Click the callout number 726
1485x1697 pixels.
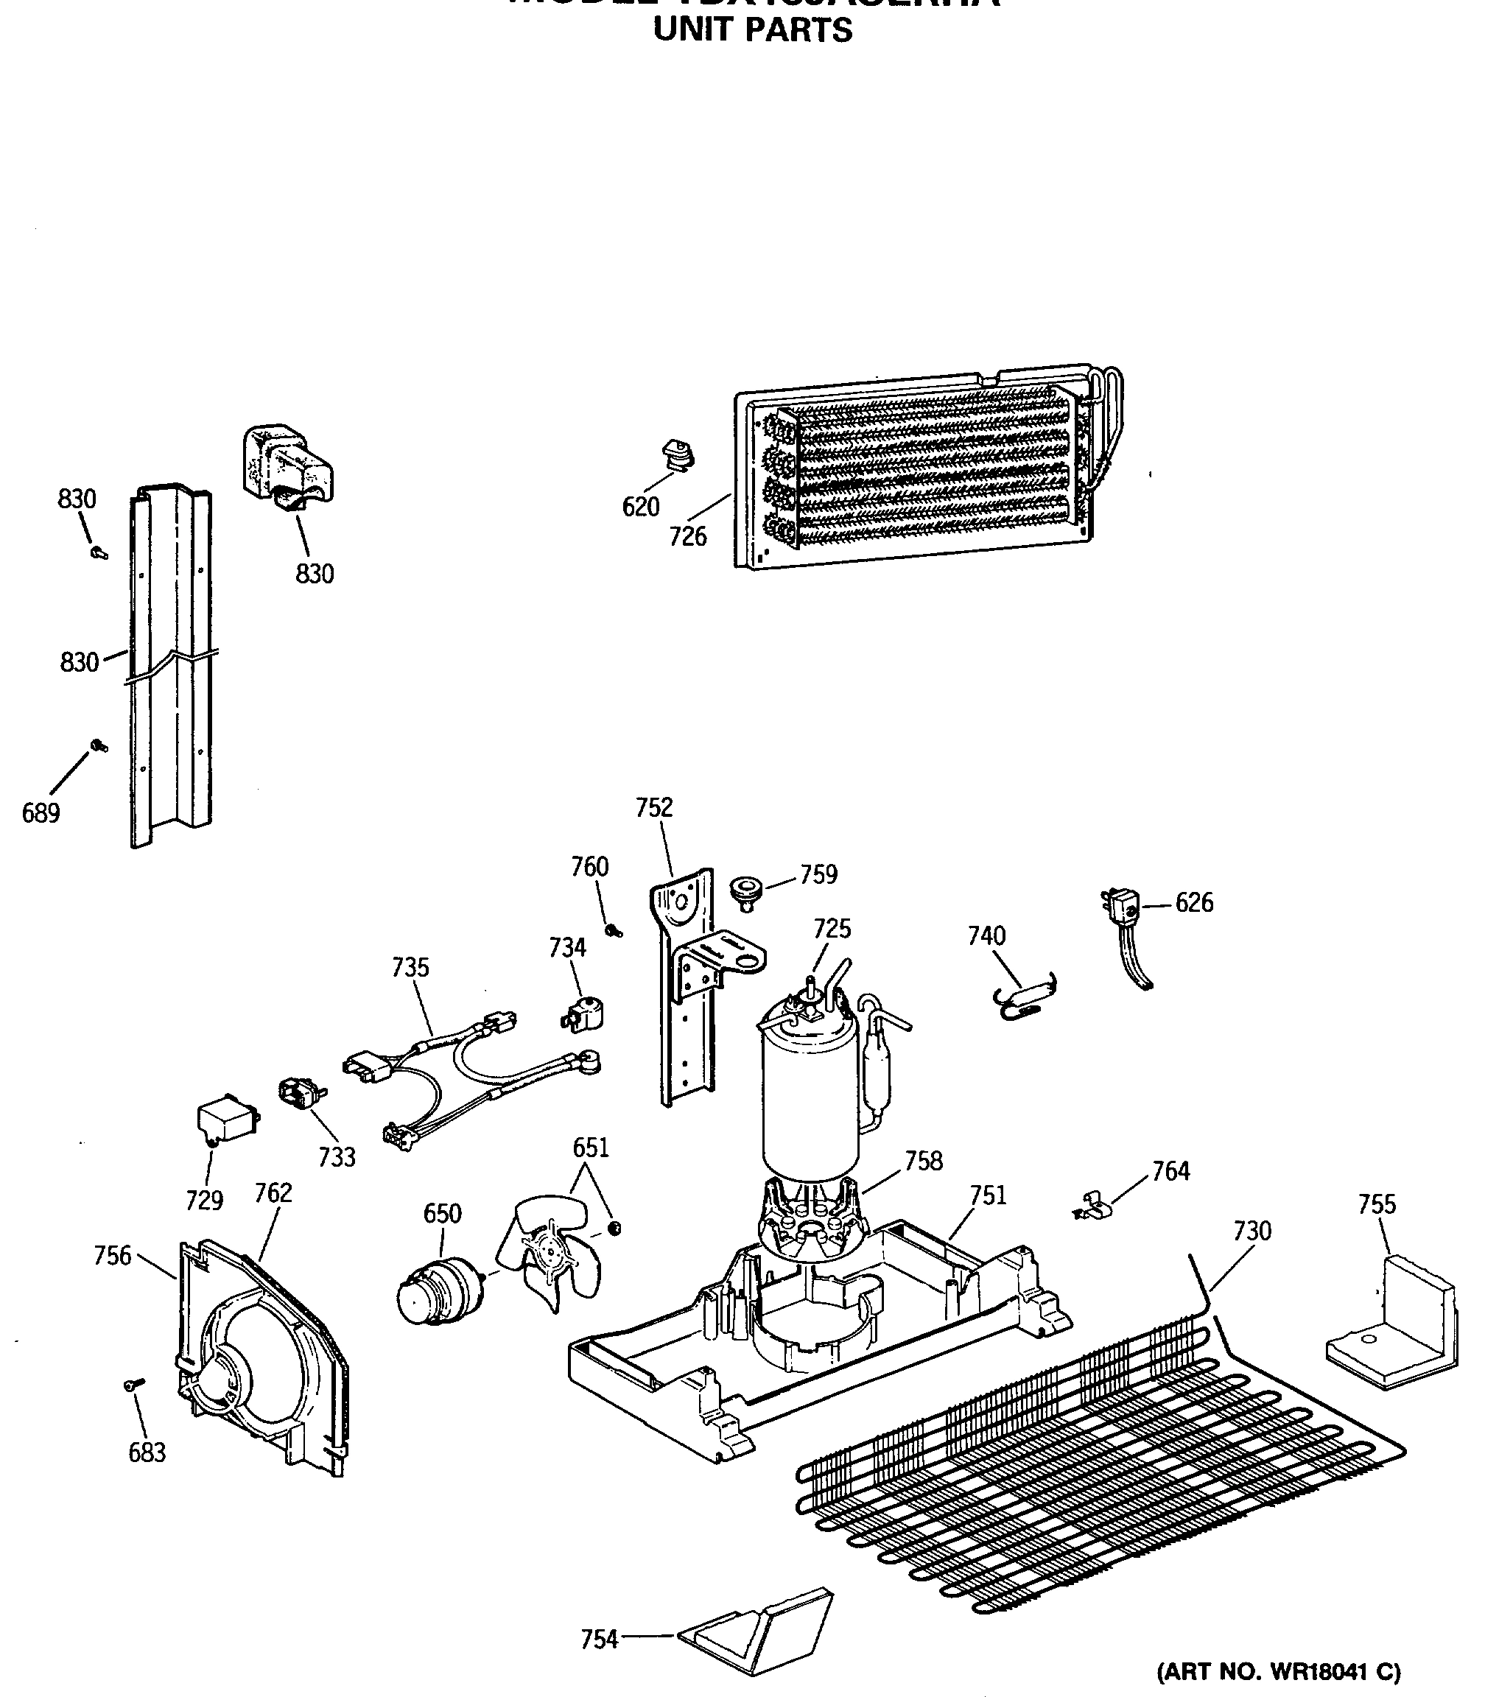688,537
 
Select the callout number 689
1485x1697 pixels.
41,813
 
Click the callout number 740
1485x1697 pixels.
986,935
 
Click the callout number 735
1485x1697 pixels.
410,967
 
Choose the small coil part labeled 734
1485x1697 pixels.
585,1015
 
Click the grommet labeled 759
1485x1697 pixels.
744,890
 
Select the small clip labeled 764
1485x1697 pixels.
1092,1208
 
